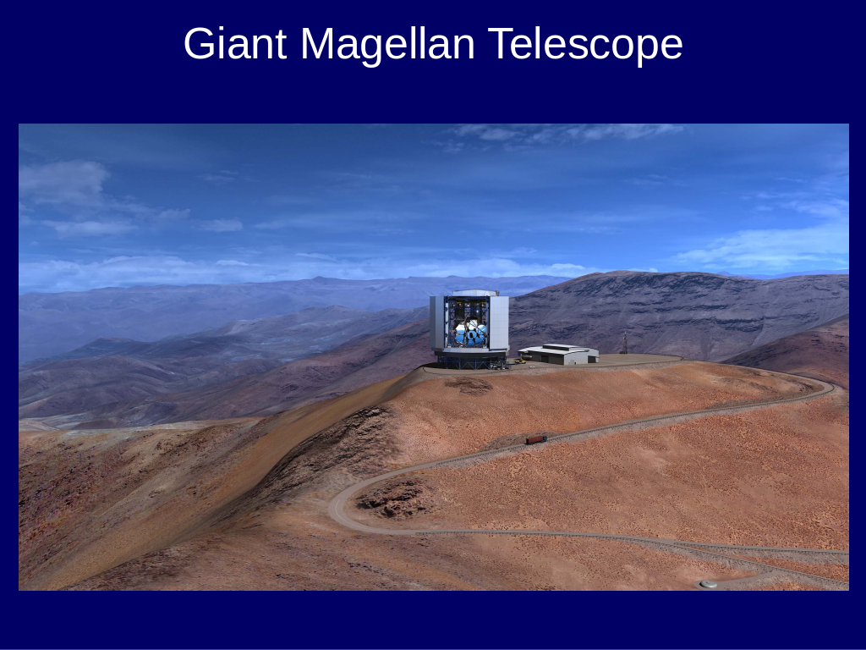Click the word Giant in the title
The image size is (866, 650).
click(235, 44)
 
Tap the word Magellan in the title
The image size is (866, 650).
click(387, 44)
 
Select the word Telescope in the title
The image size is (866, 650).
click(585, 44)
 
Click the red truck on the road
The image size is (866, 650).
click(535, 439)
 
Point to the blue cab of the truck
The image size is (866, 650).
click(544, 439)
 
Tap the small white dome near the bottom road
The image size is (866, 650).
click(708, 584)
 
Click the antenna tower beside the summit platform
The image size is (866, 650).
click(624, 344)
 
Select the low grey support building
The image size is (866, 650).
click(558, 355)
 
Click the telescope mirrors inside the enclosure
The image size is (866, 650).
click(470, 333)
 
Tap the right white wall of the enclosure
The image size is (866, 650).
click(499, 323)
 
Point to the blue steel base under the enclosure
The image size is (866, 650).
click(470, 361)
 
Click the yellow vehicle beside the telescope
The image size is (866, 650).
click(520, 361)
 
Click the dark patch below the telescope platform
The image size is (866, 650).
click(469, 385)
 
